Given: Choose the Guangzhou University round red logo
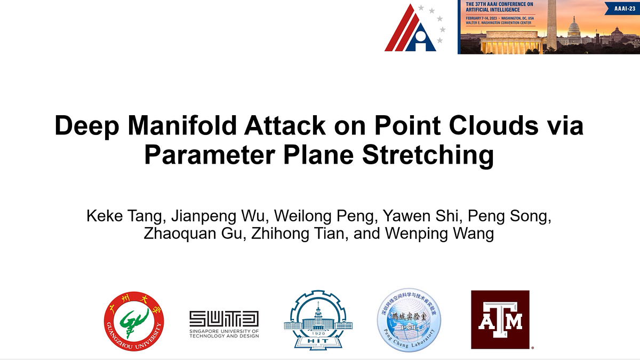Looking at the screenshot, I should tap(134, 321).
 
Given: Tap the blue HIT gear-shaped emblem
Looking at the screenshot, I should tap(318, 320).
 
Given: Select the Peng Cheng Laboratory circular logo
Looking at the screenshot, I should tap(409, 320).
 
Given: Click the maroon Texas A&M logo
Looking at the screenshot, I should tap(500, 319).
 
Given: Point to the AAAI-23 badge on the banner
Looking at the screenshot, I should tap(622, 9).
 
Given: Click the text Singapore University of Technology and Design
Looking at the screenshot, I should tap(224, 333).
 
